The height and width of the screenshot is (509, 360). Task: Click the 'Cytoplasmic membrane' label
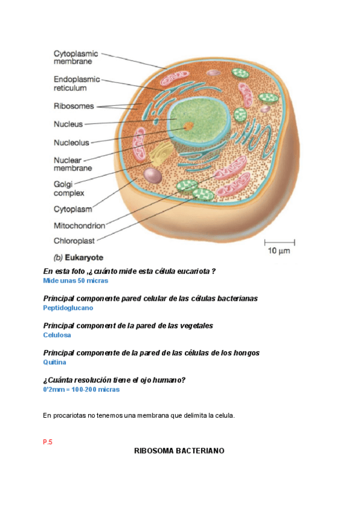point(76,57)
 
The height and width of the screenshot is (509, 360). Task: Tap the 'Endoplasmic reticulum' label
point(76,83)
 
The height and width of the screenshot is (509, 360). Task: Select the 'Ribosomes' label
point(74,106)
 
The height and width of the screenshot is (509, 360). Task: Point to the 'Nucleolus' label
point(71,143)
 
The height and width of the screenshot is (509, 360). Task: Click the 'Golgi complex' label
point(68,188)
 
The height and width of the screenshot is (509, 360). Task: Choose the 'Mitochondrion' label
point(79,226)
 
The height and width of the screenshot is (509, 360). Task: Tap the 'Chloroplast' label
point(75,241)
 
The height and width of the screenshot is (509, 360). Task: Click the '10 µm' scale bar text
point(279,251)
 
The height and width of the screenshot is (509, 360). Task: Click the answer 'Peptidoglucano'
point(68,308)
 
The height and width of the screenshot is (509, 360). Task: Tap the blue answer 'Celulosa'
point(57,335)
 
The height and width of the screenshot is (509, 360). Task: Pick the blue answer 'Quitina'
point(55,362)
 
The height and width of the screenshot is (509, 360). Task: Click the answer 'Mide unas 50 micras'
point(76,280)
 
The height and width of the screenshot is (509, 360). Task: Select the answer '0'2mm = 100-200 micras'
point(81,389)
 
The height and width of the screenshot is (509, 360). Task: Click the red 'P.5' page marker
point(48,442)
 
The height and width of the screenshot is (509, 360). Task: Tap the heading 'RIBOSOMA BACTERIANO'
point(179,450)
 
